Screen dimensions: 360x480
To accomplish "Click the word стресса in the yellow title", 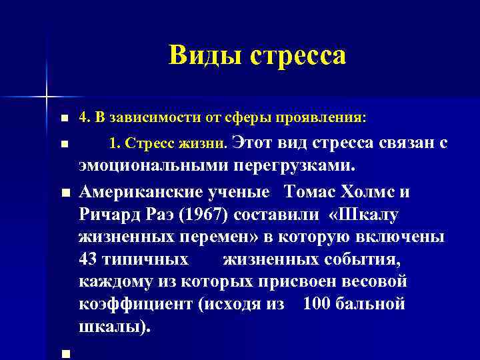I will [x=298, y=55].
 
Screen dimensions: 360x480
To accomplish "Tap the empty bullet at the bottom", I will [x=64, y=354].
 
